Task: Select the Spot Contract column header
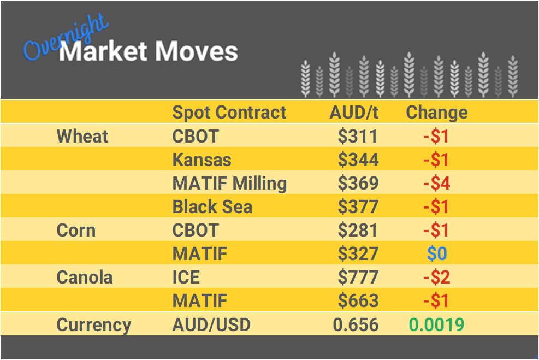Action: pyautogui.click(x=229, y=113)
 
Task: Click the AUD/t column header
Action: pyautogui.click(x=354, y=113)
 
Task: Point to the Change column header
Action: pyautogui.click(x=437, y=113)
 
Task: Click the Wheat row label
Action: pyautogui.click(x=82, y=136)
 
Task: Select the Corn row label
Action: pyautogui.click(x=76, y=230)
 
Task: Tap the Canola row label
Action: pyautogui.click(x=84, y=277)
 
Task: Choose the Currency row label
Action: pyautogui.click(x=94, y=324)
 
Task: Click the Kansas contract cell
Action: pyautogui.click(x=202, y=160)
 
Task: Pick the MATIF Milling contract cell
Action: pyautogui.click(x=229, y=183)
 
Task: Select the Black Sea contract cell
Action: pyautogui.click(x=212, y=206)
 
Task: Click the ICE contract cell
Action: pyautogui.click(x=186, y=277)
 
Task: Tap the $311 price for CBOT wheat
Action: pyautogui.click(x=358, y=136)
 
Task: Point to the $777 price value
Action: pyautogui.click(x=358, y=277)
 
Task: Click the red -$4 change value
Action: pyautogui.click(x=436, y=183)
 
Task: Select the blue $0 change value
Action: pyautogui.click(x=436, y=253)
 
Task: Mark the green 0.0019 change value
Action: pyautogui.click(x=436, y=324)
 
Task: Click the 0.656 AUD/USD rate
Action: pyautogui.click(x=356, y=324)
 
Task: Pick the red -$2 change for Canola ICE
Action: pyautogui.click(x=436, y=277)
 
